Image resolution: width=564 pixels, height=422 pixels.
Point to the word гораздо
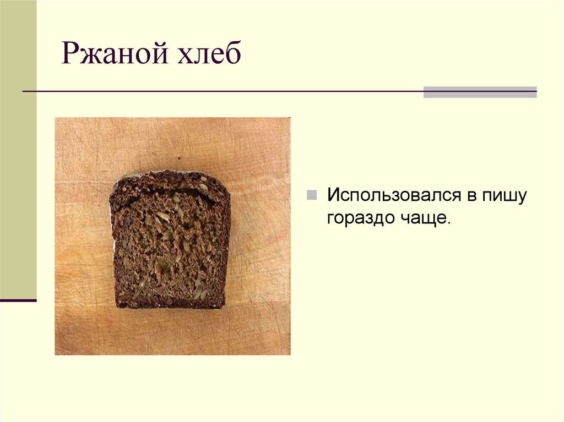pos(358,218)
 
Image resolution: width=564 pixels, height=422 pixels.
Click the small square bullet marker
pos(312,195)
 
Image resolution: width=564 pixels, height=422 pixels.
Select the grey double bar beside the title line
pos(480,92)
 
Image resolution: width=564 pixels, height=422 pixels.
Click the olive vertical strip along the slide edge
pos(18,149)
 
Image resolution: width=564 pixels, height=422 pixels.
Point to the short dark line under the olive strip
pos(18,300)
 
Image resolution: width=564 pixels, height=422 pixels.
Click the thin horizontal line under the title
pos(220,91)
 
